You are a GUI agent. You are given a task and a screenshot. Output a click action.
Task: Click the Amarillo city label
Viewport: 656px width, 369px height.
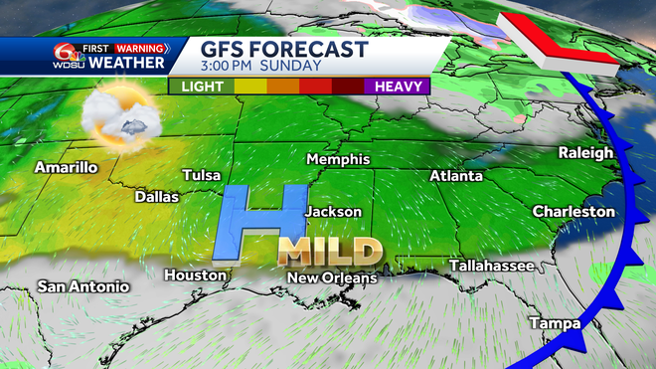point(66,167)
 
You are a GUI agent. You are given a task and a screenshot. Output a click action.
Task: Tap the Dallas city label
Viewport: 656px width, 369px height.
point(157,197)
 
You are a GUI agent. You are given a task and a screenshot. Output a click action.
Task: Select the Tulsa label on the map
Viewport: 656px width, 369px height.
point(202,175)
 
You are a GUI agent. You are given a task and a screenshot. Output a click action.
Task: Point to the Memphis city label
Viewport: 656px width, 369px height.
point(338,159)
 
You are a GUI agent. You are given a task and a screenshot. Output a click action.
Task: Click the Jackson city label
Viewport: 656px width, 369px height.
point(332,212)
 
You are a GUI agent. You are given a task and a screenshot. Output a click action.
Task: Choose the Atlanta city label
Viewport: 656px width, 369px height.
point(456,176)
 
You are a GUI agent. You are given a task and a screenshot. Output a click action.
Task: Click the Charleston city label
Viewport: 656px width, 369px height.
point(574,211)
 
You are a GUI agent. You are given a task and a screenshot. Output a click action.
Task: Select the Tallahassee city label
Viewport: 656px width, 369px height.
point(492,266)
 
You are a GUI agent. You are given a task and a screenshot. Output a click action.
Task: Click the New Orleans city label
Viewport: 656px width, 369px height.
point(332,277)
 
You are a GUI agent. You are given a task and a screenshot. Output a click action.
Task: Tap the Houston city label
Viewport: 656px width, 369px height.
point(190,275)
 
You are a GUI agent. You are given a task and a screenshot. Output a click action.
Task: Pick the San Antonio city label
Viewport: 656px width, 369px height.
point(83,286)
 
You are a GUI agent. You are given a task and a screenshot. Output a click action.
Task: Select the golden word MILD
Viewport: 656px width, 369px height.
point(330,249)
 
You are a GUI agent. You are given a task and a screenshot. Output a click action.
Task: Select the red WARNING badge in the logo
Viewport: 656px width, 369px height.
point(141,46)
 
